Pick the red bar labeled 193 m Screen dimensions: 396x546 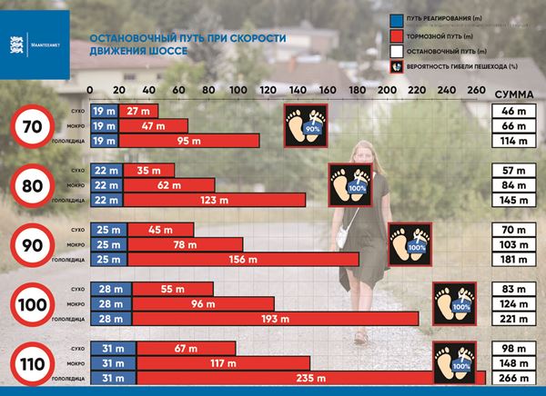276,319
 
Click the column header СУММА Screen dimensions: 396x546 513,94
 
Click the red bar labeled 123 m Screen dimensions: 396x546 209,200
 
